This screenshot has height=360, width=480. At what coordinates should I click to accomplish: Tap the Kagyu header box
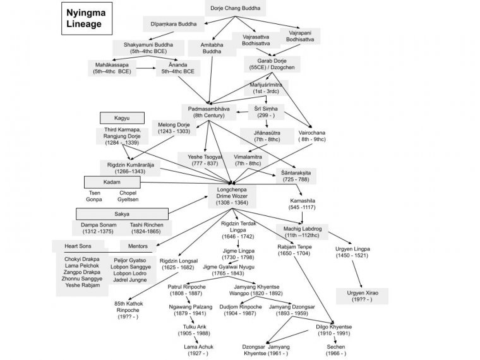pyautogui.click(x=122, y=117)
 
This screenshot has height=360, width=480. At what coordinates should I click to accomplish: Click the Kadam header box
pyautogui.click(x=112, y=182)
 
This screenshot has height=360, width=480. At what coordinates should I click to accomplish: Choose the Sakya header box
pyautogui.click(x=122, y=214)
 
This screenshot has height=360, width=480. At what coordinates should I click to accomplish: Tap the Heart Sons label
pyautogui.click(x=79, y=246)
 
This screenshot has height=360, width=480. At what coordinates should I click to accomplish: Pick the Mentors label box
pyautogui.click(x=138, y=246)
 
